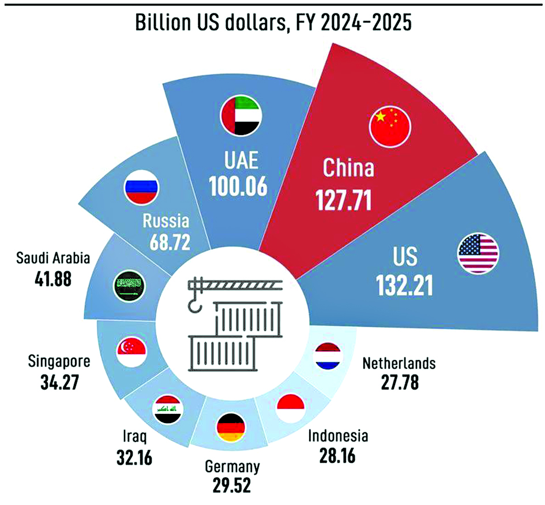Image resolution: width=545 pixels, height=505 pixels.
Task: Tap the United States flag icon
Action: (478, 253)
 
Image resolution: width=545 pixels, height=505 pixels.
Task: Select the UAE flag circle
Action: (241, 115)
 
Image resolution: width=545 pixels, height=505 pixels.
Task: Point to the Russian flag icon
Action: (141, 186)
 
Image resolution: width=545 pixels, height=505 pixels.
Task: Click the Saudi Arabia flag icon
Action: (127, 285)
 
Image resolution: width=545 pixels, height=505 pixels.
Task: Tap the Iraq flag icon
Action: (168, 409)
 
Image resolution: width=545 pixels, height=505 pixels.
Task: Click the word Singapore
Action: (59, 362)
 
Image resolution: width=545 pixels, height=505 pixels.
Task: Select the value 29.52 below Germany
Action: (232, 485)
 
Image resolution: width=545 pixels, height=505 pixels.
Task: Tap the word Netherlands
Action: (399, 364)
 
